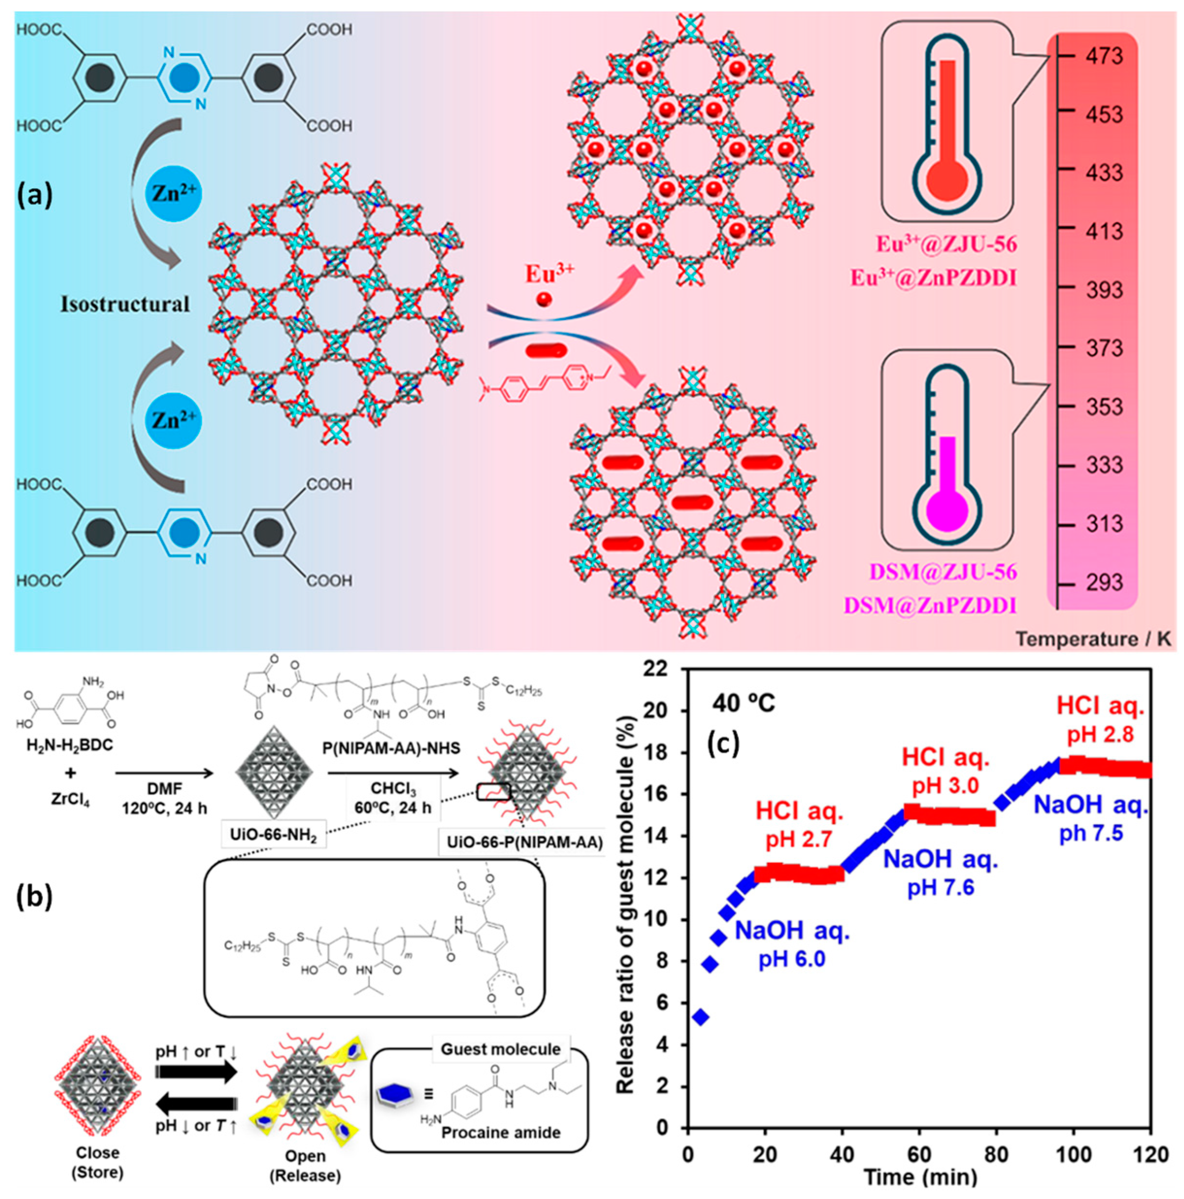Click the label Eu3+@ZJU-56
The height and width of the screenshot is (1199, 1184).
[x=946, y=244]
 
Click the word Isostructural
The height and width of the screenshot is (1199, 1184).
[x=125, y=304]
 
